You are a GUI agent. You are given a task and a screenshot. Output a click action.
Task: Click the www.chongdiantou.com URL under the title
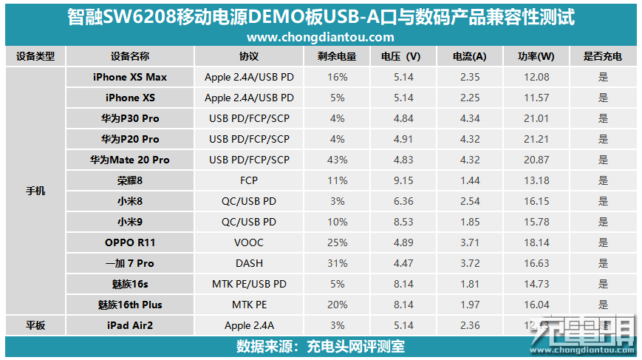[x=320, y=37]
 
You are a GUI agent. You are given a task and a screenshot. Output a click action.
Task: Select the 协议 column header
[x=249, y=56]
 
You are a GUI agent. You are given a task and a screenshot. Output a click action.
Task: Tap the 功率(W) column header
[x=536, y=56]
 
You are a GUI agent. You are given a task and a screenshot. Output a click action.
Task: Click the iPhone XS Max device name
[x=130, y=77]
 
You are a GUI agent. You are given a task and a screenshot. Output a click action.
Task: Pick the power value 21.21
[x=536, y=139]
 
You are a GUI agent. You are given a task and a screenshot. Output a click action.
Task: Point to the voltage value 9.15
[x=403, y=180]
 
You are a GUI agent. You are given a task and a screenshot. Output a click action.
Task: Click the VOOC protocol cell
[x=249, y=242]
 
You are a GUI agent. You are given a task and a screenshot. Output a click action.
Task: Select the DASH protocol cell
[x=249, y=263]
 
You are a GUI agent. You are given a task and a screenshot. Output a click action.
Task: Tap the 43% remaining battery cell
[x=338, y=160]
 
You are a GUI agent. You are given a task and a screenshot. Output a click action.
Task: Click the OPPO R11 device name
[x=130, y=242]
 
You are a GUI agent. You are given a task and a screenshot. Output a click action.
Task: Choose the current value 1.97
[x=470, y=305]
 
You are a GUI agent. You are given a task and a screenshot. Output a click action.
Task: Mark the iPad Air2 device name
[x=130, y=325]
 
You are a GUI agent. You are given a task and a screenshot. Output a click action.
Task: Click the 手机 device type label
[x=35, y=191]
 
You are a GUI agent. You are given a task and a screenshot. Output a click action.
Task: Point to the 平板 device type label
[x=35, y=325]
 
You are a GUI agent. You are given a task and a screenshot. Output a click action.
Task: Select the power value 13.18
[x=536, y=180]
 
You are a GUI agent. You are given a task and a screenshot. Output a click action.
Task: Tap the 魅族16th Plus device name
[x=130, y=305]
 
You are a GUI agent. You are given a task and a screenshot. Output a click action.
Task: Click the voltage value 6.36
[x=403, y=201]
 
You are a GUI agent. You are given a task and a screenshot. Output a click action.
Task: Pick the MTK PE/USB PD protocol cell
[x=249, y=284]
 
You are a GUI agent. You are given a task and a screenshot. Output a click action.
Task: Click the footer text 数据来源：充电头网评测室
[x=320, y=347]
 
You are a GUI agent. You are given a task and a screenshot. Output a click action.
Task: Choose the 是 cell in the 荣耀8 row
[x=603, y=180]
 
